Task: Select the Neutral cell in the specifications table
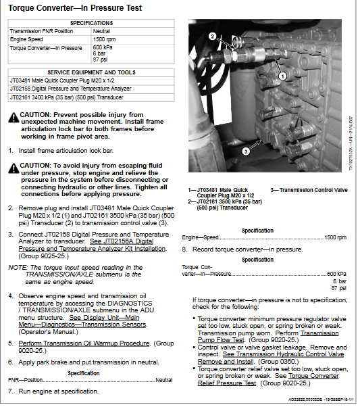click(102, 31)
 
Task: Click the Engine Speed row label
click(27, 40)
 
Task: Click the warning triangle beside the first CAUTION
click(14, 118)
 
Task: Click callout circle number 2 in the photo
click(212, 36)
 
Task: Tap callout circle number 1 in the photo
click(283, 76)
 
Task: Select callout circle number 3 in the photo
click(246, 153)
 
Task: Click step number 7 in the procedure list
click(11, 391)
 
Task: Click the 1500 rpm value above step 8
click(335, 237)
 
